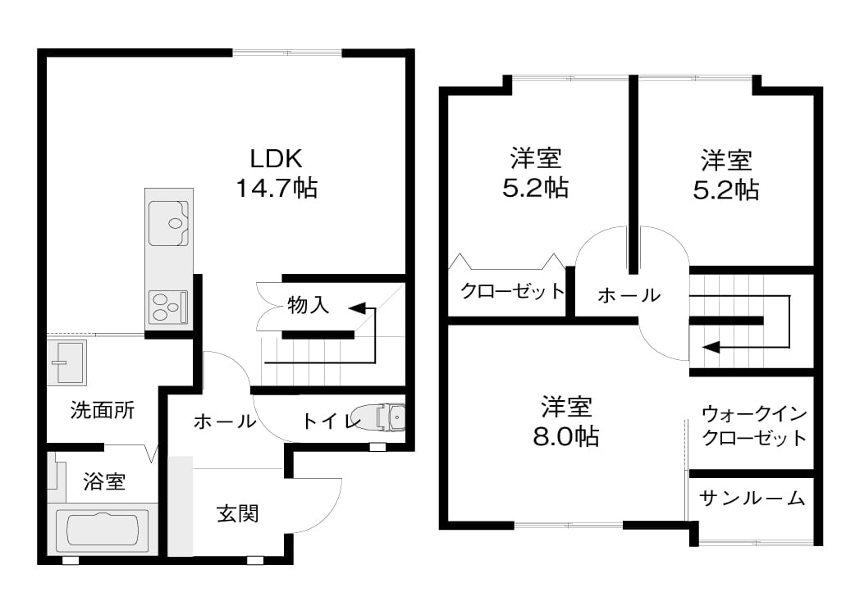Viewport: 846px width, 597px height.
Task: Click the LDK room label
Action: pos(276,158)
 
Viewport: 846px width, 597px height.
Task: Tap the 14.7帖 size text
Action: pos(277,189)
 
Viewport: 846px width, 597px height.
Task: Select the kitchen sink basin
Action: pos(168,223)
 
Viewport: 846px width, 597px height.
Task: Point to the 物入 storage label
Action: pos(308,305)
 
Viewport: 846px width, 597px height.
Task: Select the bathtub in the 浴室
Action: pos(103,530)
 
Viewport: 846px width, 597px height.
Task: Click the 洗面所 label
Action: pos(102,410)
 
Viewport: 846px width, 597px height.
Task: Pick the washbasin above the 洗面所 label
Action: pos(67,362)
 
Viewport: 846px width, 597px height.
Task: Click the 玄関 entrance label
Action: pos(237,513)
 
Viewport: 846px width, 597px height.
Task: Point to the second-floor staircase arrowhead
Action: pos(711,347)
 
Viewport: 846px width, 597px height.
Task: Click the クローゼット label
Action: pos(511,291)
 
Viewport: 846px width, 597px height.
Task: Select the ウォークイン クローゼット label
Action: pos(754,426)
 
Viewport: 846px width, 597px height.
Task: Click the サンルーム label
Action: pos(752,498)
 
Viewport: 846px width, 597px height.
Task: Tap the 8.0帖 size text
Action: pos(566,436)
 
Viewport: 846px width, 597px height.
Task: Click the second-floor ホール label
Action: pos(629,295)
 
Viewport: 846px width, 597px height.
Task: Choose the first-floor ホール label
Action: pos(225,421)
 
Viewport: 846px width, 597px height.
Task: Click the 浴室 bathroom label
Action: pos(105,481)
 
